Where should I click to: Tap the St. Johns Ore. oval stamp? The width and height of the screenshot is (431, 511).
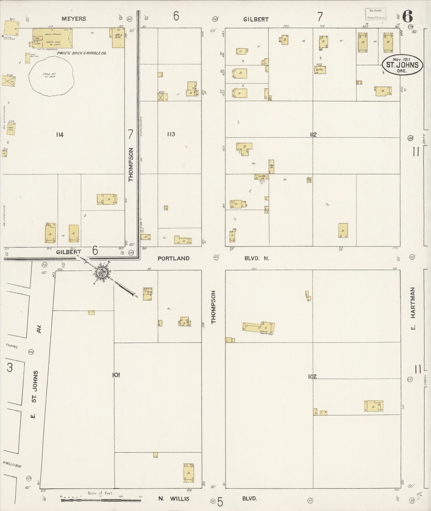(x=402, y=65)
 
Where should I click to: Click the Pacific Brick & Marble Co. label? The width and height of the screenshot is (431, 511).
(x=81, y=53)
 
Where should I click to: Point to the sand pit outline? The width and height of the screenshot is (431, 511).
(x=51, y=76)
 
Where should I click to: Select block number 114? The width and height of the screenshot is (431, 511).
(x=60, y=135)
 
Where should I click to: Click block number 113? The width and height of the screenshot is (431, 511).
(x=171, y=134)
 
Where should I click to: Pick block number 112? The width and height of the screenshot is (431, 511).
(x=313, y=134)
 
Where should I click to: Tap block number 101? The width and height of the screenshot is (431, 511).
(x=116, y=375)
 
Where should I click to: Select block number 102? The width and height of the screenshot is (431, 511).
(x=312, y=377)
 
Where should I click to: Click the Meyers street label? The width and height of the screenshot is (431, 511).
(x=74, y=19)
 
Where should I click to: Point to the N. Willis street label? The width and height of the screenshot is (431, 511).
(x=174, y=498)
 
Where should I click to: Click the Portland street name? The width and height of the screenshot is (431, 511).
(x=173, y=258)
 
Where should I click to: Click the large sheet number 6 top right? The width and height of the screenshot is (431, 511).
(x=407, y=16)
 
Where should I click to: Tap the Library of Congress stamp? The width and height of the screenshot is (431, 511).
(x=375, y=14)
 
